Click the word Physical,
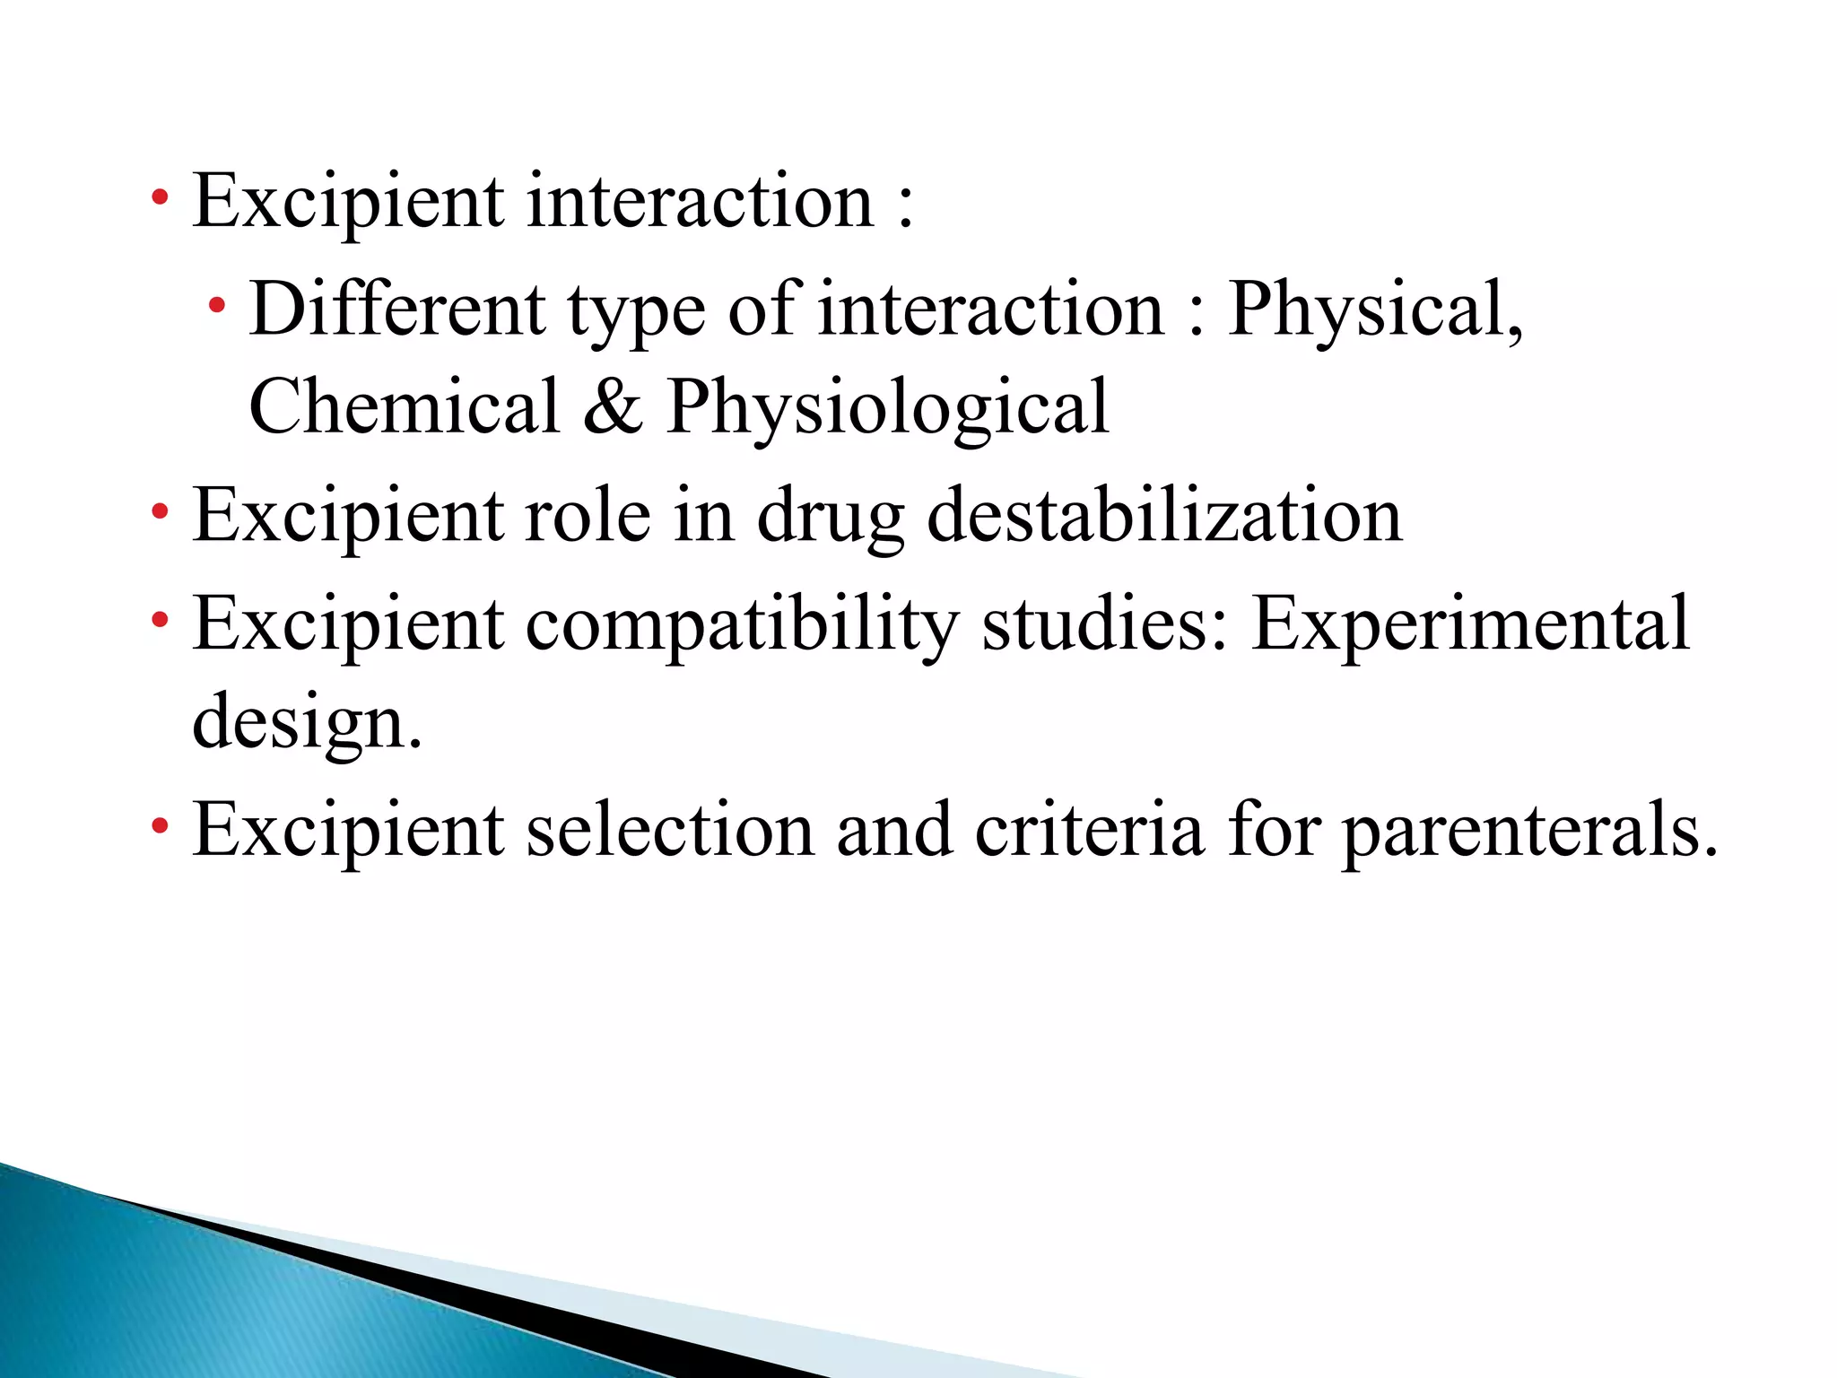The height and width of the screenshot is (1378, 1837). pyautogui.click(x=1375, y=310)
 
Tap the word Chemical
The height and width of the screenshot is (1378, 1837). pyautogui.click(x=404, y=406)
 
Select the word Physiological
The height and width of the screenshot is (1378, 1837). pyautogui.click(x=887, y=408)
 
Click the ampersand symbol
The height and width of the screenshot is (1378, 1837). pyautogui.click(x=613, y=406)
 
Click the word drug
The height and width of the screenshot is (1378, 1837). pyautogui.click(x=831, y=519)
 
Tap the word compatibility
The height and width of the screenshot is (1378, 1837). pyautogui.click(x=742, y=625)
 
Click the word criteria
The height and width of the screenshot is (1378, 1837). pyautogui.click(x=1089, y=830)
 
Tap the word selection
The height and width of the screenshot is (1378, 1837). pyautogui.click(x=670, y=830)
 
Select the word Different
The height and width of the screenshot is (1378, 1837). pyautogui.click(x=397, y=309)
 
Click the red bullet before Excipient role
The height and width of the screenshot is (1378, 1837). pyautogui.click(x=161, y=513)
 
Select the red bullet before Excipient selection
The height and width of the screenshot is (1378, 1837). pyautogui.click(x=161, y=826)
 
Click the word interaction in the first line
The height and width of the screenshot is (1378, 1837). pyautogui.click(x=700, y=201)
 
